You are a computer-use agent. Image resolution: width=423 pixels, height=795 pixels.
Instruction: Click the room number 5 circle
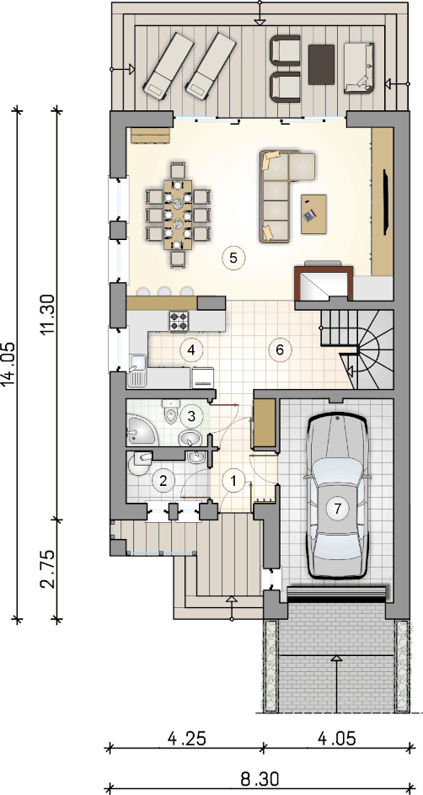[x=233, y=258]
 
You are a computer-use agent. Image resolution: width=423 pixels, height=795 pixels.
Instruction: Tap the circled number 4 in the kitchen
[x=190, y=349]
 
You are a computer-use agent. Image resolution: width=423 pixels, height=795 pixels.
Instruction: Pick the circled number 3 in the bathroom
[x=190, y=417]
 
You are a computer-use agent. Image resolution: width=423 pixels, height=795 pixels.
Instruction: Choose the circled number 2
[x=163, y=480]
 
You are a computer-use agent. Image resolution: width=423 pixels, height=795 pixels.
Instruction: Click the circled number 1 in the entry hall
[x=233, y=481]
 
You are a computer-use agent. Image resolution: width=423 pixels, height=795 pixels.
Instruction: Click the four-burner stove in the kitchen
[x=179, y=320]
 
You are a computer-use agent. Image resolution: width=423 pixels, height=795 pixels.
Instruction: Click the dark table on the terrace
[x=322, y=65]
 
